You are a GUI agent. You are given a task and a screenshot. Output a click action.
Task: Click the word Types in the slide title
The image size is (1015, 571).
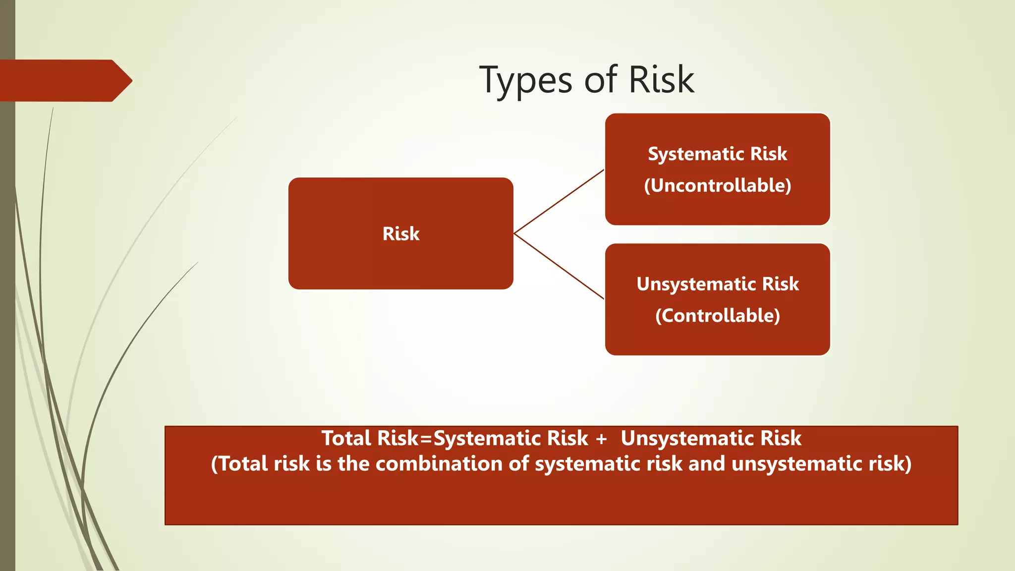526,80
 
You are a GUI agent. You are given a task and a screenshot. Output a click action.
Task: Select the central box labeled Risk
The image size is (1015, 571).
400,258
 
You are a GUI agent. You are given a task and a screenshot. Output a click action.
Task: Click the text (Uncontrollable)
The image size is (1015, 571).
717,186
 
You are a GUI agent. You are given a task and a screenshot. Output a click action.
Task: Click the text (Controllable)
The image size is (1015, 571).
717,316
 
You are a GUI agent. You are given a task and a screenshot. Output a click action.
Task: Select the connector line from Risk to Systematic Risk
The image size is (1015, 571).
559,201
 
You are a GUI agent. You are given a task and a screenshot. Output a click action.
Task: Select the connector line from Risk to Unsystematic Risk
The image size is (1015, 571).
559,267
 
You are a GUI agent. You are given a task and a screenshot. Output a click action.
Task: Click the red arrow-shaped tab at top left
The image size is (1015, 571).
64,81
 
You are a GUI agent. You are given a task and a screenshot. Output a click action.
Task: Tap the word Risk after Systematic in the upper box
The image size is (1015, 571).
768,154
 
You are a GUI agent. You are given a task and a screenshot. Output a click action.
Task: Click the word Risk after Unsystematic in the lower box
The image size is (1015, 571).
780,284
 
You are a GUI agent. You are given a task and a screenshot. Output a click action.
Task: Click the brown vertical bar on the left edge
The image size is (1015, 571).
7,322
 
